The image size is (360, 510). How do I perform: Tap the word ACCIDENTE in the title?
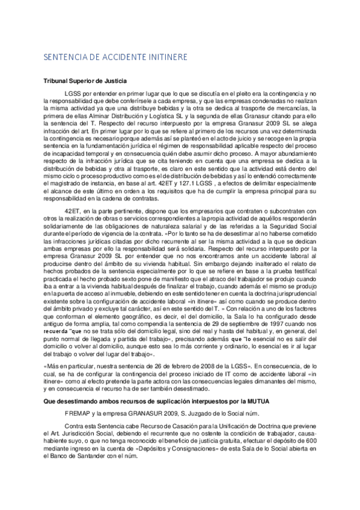pyautogui.click(x=117, y=57)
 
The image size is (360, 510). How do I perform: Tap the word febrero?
pyautogui.click(x=159, y=365)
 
